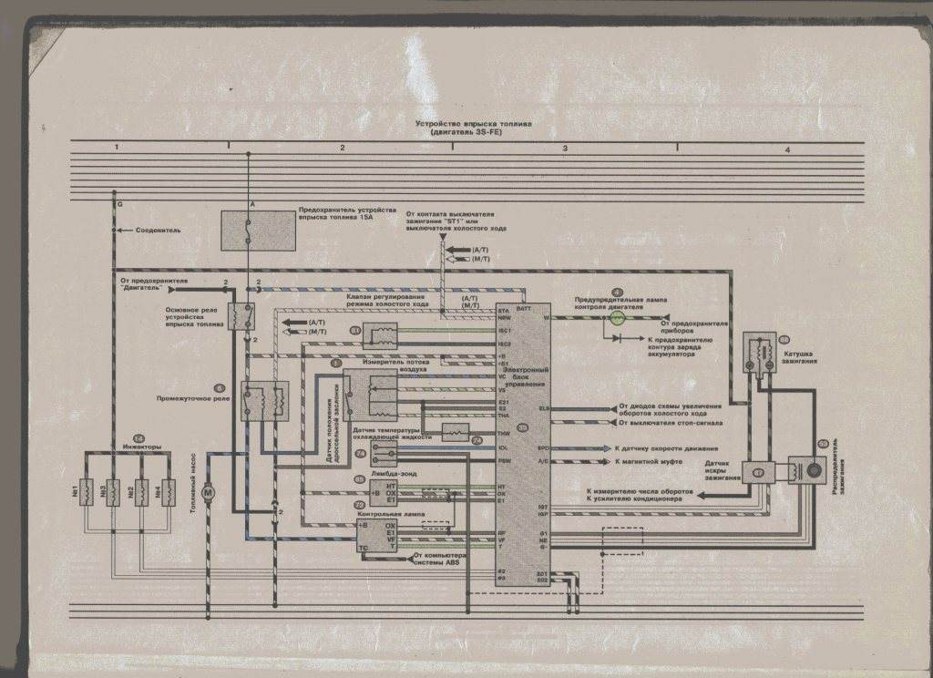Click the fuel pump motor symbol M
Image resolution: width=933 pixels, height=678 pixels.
207,492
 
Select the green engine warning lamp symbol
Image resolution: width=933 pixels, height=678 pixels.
617,318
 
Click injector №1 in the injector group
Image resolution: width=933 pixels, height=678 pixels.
91,492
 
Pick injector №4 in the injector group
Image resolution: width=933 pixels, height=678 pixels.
168,492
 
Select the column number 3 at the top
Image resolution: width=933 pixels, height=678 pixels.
564,148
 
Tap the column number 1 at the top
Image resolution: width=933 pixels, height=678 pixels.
117,148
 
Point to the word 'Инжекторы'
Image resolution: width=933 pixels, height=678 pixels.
141,447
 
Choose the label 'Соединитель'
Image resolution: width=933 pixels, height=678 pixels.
159,231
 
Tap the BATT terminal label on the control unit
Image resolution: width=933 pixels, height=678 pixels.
524,310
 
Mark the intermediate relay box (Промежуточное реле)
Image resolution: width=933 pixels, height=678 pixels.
263,402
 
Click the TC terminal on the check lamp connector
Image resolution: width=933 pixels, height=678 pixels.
364,548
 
